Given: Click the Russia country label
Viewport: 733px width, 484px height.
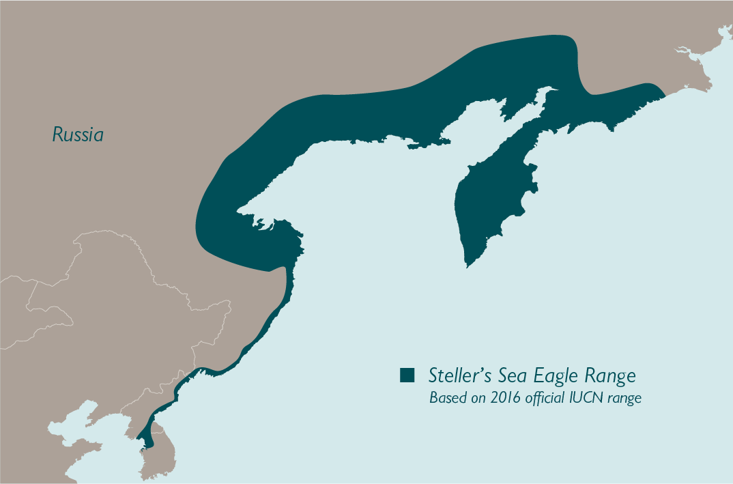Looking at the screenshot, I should (78, 134).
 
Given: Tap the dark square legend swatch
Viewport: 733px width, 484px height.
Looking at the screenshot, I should (407, 375).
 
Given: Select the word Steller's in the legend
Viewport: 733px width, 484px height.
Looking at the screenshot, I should (456, 375).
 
